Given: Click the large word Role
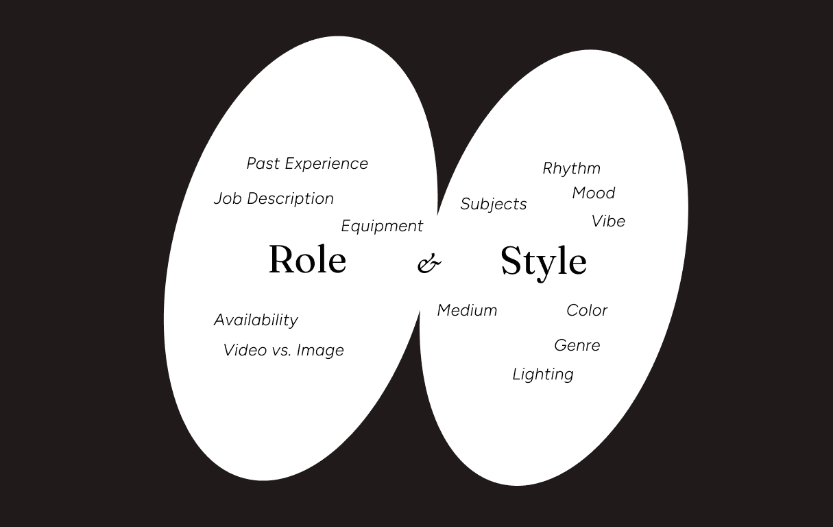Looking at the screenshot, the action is (307, 259).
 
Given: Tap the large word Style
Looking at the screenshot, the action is (543, 261).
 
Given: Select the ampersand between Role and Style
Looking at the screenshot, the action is (428, 263).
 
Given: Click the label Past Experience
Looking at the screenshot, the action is (307, 163).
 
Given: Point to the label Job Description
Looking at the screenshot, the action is (274, 198).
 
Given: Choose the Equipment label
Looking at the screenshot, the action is (382, 226).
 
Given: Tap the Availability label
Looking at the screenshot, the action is (256, 320).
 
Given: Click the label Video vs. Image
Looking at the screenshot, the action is (283, 350).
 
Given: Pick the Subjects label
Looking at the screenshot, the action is (494, 204).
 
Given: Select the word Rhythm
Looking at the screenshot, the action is (571, 168).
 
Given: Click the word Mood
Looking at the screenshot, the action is (593, 193).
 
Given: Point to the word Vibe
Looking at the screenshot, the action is (608, 221).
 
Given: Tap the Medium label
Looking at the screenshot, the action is (467, 310).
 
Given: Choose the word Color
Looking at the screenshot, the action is (587, 310).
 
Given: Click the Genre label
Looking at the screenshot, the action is (577, 345).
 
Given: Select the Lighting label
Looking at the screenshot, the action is (542, 374).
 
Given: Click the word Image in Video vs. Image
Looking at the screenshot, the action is (320, 350).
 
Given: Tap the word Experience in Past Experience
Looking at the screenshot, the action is (327, 163).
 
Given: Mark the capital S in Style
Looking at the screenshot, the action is (512, 261).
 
